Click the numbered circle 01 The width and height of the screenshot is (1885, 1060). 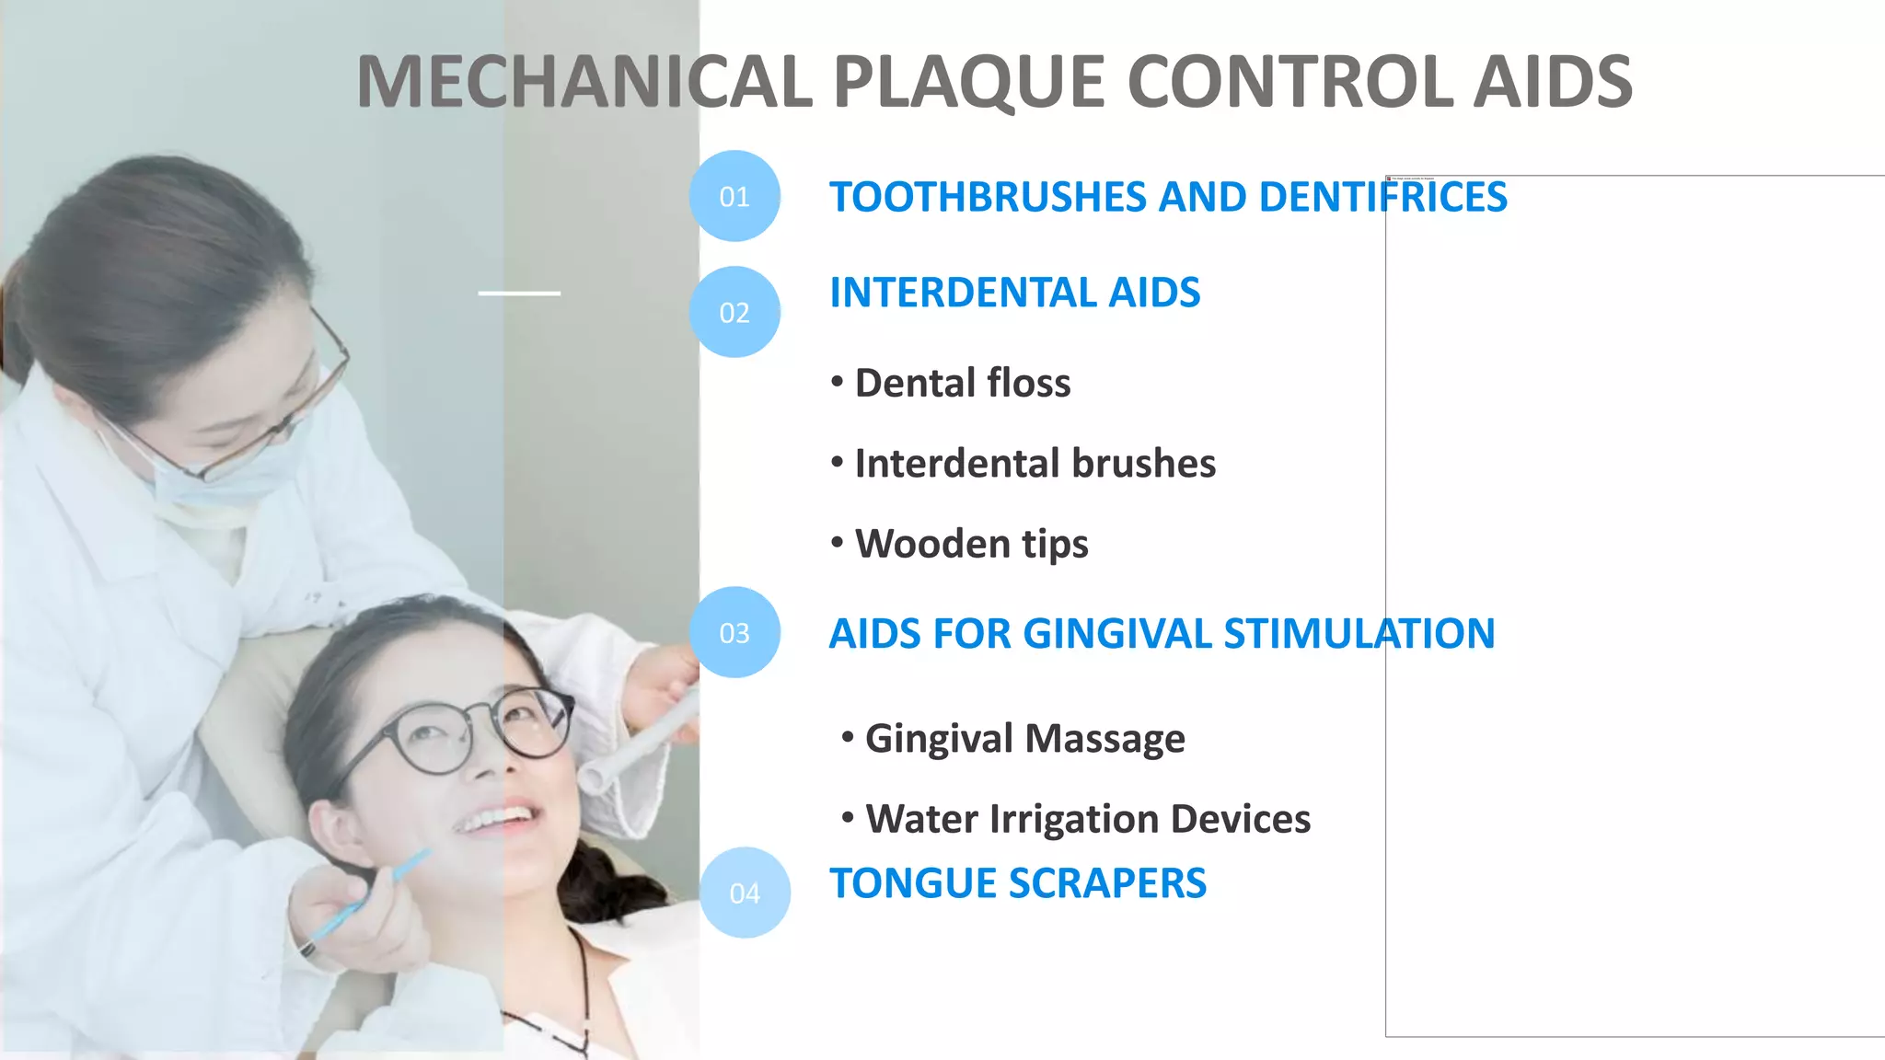click(734, 196)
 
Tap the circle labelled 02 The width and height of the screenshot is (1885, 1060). click(734, 312)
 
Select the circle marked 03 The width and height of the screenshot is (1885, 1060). click(734, 632)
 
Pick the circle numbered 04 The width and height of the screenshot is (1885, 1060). click(745, 893)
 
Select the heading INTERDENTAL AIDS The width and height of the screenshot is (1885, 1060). click(1014, 293)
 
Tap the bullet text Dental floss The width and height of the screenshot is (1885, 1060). click(962, 383)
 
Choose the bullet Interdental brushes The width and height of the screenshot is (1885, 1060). click(1035, 463)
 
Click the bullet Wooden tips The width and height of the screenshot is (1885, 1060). click(971, 544)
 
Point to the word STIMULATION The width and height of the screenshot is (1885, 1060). click(1359, 633)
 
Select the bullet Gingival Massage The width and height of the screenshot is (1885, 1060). click(1024, 738)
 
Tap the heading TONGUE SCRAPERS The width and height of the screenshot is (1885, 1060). click(1017, 883)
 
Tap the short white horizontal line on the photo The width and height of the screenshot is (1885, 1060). click(519, 294)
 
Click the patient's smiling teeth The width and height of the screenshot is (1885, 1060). click(497, 818)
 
